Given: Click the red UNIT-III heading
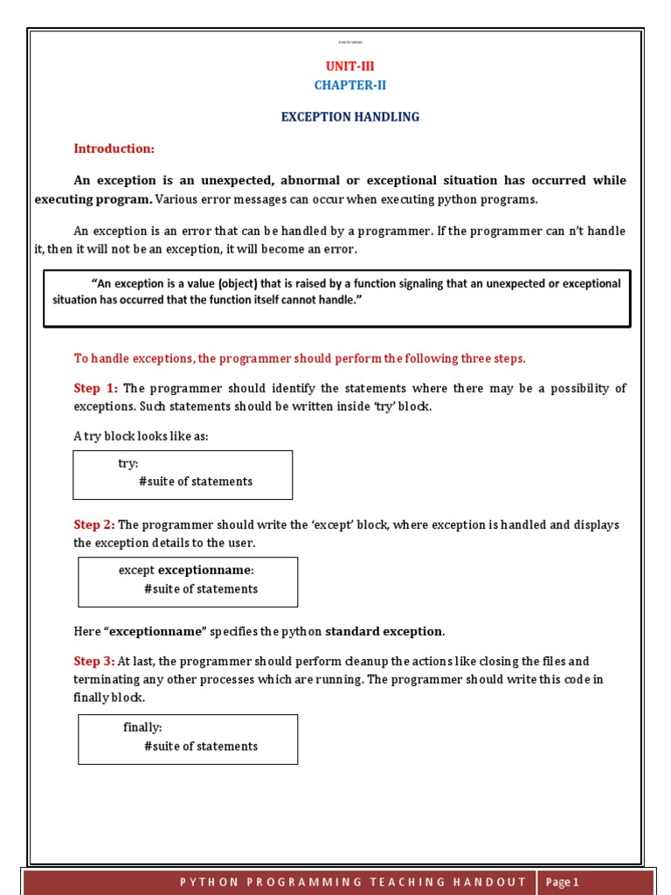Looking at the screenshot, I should (x=349, y=66).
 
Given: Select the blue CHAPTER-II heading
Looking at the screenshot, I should (x=349, y=85).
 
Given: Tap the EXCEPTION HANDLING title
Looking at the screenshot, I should (x=349, y=116).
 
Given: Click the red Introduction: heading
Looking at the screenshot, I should (x=114, y=149).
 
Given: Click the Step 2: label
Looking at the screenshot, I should (x=94, y=524).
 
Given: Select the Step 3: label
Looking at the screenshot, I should (x=94, y=661).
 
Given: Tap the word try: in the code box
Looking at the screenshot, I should (x=128, y=463).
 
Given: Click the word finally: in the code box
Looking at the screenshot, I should (x=142, y=727).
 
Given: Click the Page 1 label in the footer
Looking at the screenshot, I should (x=563, y=882).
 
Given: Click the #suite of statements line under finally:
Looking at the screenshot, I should (x=201, y=746).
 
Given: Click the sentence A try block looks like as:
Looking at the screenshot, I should (x=141, y=436).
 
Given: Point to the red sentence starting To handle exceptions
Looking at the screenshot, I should (x=300, y=358).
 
